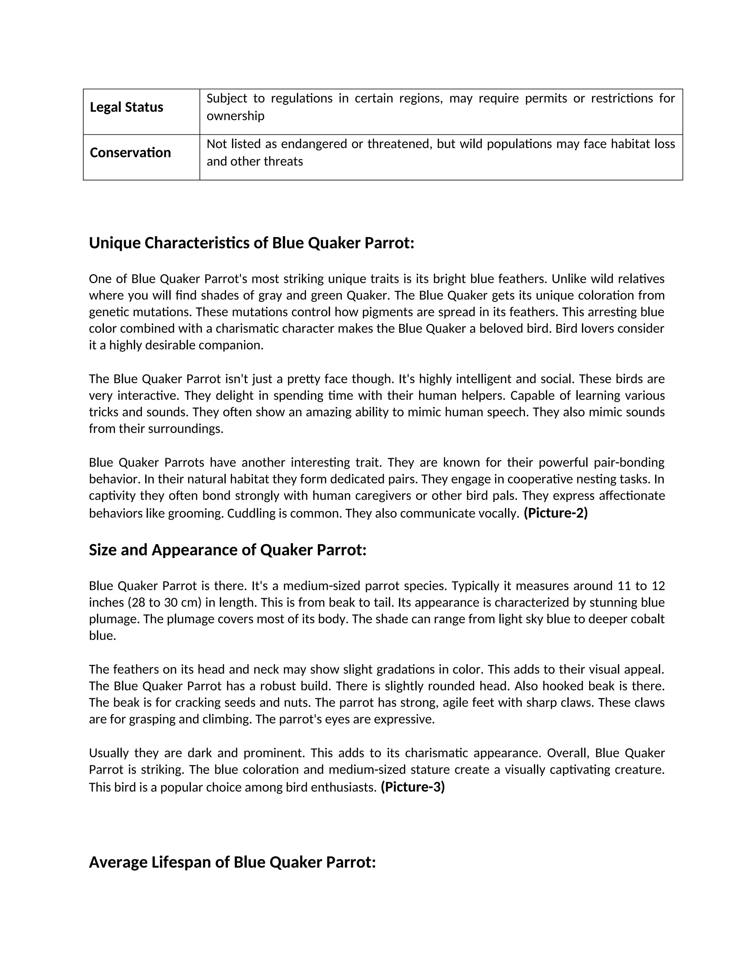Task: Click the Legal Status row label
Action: tap(126, 107)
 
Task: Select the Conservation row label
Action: tap(130, 153)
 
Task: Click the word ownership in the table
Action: tap(235, 116)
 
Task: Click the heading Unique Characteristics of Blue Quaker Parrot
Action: tap(251, 243)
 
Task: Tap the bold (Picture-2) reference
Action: tap(556, 513)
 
